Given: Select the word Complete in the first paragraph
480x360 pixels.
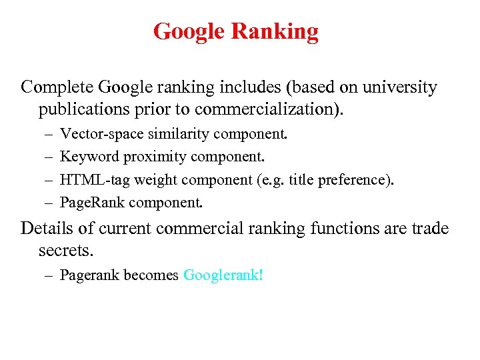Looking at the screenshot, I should pos(57,87).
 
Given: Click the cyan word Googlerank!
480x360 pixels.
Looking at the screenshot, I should pos(223,275).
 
